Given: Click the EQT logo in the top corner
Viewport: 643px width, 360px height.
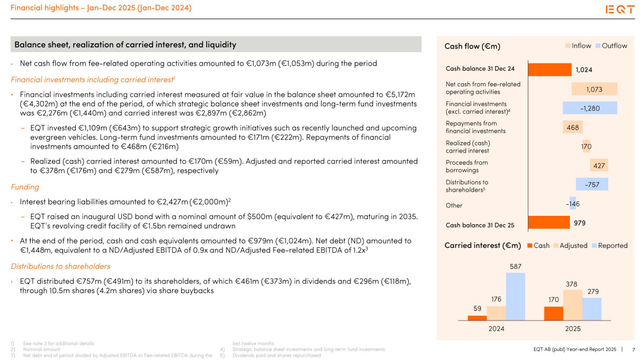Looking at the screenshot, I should click(x=620, y=9).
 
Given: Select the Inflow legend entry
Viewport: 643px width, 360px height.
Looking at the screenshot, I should click(x=578, y=46).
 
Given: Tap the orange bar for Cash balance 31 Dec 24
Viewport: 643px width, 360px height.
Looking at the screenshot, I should click(x=549, y=69).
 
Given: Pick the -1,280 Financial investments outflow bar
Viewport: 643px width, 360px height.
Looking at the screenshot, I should click(x=589, y=108).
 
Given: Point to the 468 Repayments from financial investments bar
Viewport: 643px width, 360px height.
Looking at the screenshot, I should click(x=572, y=127).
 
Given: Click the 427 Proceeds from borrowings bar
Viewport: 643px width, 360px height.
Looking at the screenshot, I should click(x=599, y=165).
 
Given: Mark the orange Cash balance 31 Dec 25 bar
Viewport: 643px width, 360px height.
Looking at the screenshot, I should click(x=548, y=223).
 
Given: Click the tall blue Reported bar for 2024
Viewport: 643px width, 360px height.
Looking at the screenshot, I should click(x=515, y=296).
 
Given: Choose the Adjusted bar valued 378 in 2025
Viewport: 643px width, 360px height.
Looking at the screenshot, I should click(x=572, y=305).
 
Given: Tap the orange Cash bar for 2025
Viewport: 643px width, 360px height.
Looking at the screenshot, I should click(x=554, y=313).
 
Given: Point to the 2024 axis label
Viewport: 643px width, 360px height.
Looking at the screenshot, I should click(x=496, y=328).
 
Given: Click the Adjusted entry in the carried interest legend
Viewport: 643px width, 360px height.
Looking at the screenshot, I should click(x=570, y=246).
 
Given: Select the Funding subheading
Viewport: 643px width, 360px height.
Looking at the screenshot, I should click(x=25, y=187).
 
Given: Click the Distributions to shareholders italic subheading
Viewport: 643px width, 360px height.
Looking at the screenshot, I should click(x=61, y=266).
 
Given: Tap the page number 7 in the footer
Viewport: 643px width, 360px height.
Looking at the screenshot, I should click(x=633, y=349).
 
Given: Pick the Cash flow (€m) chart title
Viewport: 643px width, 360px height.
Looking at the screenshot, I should click(x=472, y=46).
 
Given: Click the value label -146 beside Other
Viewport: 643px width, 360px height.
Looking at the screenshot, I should click(x=573, y=204).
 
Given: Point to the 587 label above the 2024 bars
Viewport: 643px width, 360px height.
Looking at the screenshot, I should click(x=515, y=267).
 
